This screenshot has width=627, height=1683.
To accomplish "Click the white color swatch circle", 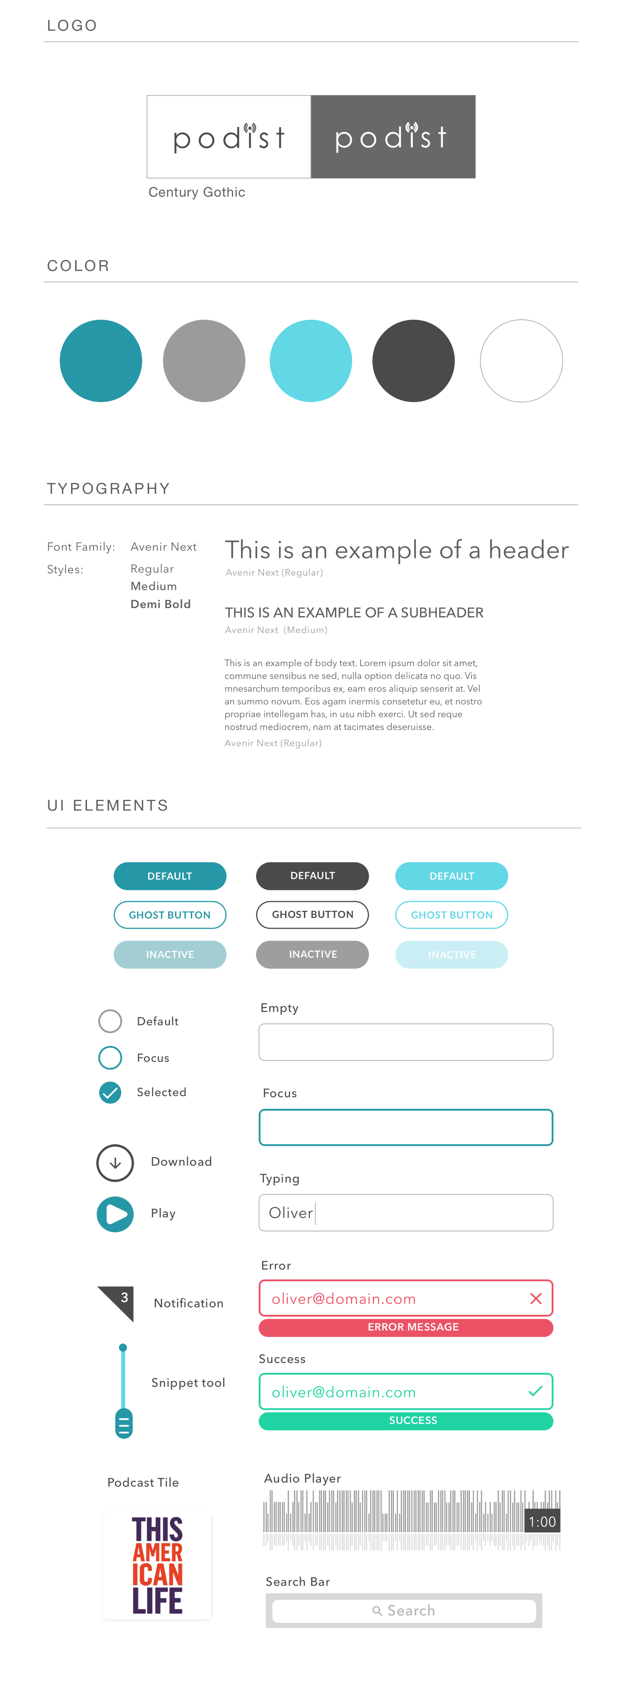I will click(521, 361).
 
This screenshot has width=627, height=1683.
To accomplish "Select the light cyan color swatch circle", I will click(311, 361).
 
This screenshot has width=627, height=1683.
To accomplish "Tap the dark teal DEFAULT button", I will click(170, 876).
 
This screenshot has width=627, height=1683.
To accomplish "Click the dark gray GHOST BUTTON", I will click(313, 915).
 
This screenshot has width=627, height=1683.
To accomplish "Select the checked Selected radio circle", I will click(110, 1092).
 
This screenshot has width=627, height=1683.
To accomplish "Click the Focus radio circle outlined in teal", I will click(110, 1058).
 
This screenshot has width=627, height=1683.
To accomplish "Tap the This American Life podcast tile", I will click(157, 1566).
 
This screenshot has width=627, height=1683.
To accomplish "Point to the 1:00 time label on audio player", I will click(542, 1522).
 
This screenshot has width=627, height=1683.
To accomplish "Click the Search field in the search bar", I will click(404, 1611).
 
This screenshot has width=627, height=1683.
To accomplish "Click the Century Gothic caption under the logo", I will click(197, 192).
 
